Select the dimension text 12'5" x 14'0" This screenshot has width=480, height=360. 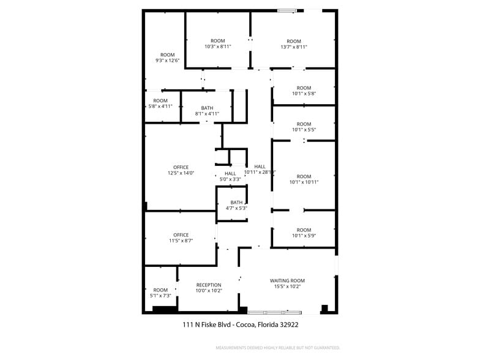[x=181, y=173]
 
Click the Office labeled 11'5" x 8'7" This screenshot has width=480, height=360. [x=181, y=238]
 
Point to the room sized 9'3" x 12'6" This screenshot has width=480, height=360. [x=168, y=58]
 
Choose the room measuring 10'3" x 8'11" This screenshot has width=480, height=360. [x=217, y=43]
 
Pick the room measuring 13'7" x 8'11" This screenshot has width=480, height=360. [x=294, y=44]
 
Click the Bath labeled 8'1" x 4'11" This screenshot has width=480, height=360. [x=207, y=111]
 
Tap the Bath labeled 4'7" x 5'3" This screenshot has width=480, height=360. [x=236, y=205]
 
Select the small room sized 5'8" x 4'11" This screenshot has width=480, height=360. [x=160, y=103]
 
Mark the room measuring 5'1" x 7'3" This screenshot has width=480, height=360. [x=160, y=293]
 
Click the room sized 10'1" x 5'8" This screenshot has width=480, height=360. [x=304, y=91]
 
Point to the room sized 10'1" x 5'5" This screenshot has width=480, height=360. [x=304, y=127]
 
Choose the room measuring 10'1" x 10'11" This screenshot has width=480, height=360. [x=304, y=179]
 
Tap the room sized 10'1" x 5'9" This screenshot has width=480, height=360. [x=304, y=232]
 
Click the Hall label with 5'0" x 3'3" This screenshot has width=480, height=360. [x=230, y=176]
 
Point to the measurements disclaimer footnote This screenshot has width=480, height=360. [x=277, y=348]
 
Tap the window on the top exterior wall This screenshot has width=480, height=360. [x=287, y=10]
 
